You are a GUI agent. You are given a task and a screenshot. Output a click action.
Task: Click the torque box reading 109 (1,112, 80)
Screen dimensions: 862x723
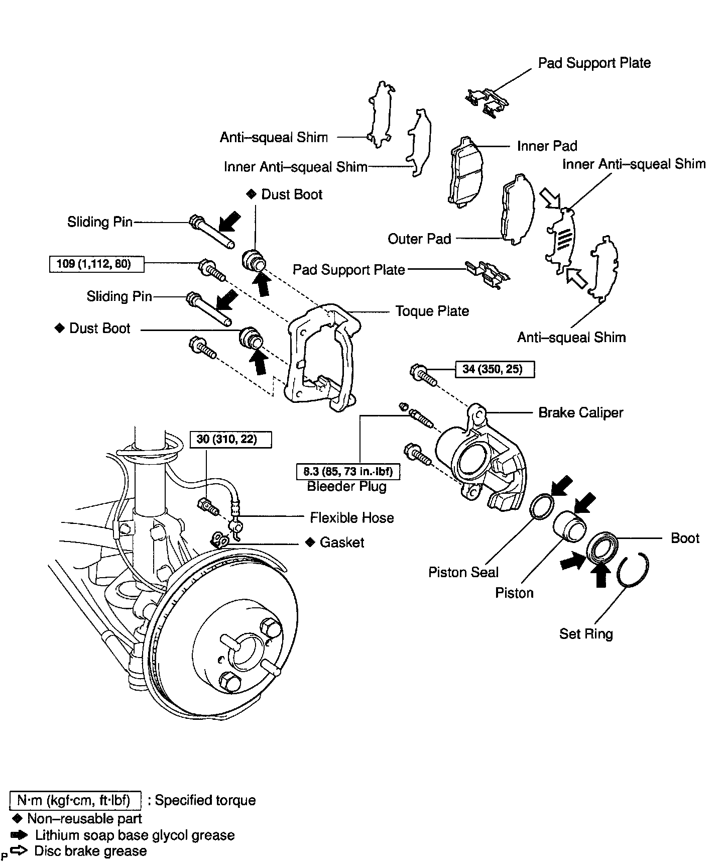pos(96,264)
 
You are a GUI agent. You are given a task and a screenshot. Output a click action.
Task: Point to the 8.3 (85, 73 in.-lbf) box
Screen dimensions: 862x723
pos(347,472)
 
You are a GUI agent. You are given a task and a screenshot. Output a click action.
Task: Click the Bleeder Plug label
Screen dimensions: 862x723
pos(346,486)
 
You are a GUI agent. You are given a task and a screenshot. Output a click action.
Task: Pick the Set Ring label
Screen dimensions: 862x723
pos(586,633)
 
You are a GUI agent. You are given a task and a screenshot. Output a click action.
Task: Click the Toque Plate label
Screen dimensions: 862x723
pos(432,311)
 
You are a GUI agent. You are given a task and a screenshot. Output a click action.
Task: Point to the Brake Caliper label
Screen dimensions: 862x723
pos(580,412)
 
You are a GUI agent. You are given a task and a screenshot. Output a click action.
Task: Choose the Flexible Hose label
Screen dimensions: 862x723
pos(351,517)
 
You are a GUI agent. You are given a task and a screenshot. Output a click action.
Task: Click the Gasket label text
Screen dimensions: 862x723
pos(342,543)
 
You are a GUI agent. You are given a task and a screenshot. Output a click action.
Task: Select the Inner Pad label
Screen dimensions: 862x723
pos(547,146)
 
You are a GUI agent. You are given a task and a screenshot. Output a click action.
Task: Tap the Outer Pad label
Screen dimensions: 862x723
pos(419,239)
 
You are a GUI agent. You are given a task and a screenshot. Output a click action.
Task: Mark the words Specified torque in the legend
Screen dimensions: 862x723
pos(205,800)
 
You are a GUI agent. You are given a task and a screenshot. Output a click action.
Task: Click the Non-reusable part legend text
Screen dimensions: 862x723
pos(84,818)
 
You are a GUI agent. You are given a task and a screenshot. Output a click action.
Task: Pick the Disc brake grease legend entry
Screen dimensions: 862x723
pos(90,851)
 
